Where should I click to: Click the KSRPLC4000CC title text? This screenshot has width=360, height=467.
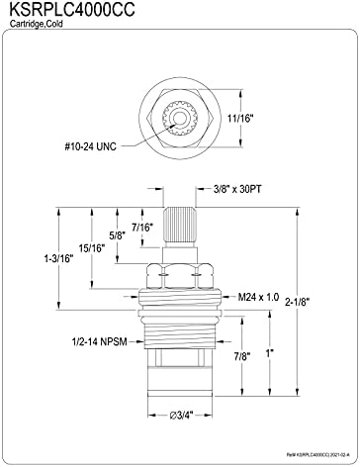pos(72,10)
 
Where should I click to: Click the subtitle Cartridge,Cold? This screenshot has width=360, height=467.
pos(36,24)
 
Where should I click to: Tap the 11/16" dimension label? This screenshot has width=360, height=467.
pos(240,118)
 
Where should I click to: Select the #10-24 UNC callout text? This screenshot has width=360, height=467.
pos(90,146)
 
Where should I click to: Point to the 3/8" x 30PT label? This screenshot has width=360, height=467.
pos(237,189)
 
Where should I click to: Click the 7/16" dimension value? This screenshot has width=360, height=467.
pos(142,228)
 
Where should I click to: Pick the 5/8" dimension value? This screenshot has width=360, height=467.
pos(118,235)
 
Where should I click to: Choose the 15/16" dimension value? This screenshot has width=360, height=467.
pos(92,248)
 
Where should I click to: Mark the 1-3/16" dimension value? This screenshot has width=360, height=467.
pos(58,258)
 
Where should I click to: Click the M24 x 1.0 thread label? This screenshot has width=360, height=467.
pos(258,297)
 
